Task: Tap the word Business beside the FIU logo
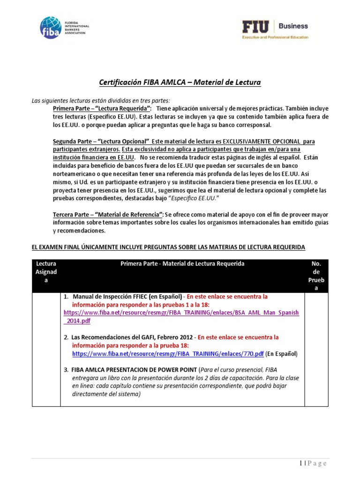click(x=294, y=26)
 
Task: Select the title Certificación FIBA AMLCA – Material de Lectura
click(x=180, y=82)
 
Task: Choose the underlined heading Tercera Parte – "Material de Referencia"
click(x=108, y=214)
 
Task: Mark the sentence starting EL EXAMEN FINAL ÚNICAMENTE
click(x=168, y=247)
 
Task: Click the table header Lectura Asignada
click(x=46, y=272)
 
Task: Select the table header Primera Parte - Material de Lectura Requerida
click(x=182, y=264)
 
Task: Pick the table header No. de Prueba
click(x=316, y=276)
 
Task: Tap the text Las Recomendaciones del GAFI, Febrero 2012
click(x=133, y=337)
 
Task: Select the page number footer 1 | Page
click(x=312, y=464)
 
